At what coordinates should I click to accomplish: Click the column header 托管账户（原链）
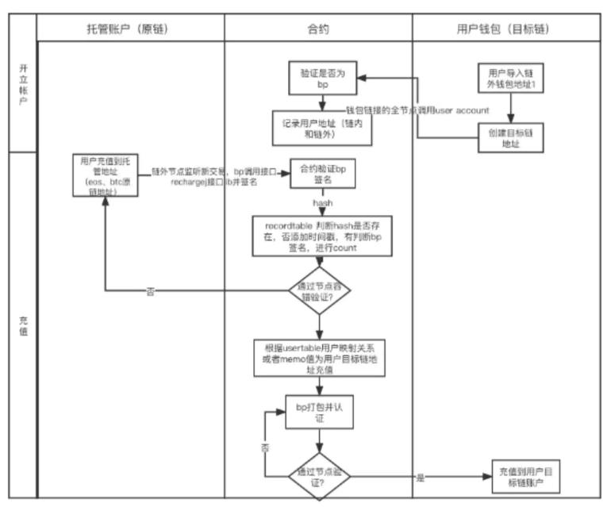[131, 29]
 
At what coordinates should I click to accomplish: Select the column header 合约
[318, 29]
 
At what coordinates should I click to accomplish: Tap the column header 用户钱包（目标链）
[504, 29]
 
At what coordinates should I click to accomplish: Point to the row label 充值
[22, 325]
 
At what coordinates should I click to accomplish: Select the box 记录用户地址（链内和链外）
[321, 126]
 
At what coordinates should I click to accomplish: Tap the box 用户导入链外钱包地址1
[510, 79]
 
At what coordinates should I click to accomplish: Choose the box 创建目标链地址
[510, 134]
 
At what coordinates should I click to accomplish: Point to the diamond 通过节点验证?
[318, 475]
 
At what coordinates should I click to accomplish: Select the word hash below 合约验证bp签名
[322, 204]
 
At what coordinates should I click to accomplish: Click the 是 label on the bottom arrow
[421, 478]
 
